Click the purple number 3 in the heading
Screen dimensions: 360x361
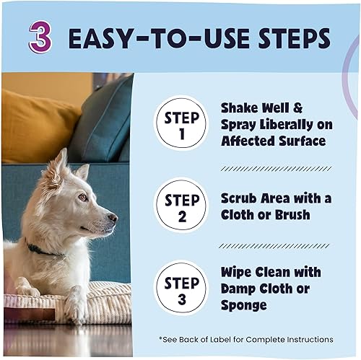(40, 37)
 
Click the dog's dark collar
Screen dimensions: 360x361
(43, 250)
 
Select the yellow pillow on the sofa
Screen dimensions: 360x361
(36, 126)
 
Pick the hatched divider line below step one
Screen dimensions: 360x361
(277, 168)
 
